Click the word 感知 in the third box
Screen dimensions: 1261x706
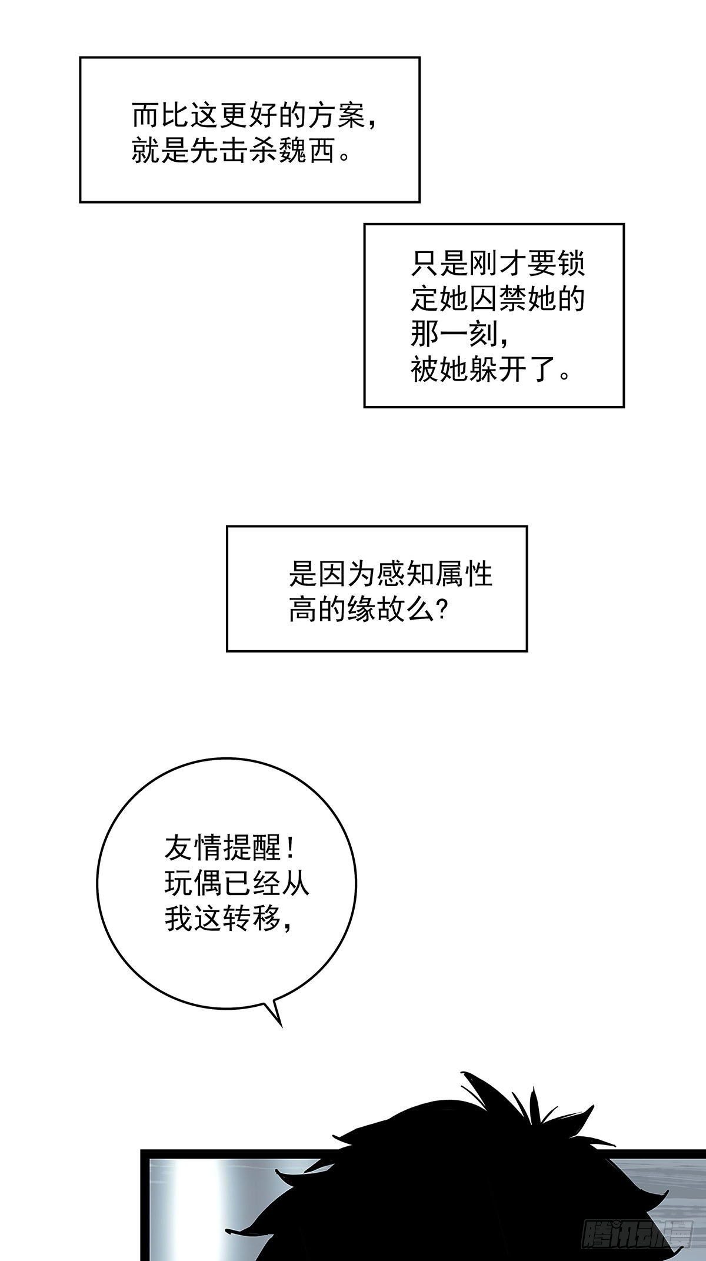406,574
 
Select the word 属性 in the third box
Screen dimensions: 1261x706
464,574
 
